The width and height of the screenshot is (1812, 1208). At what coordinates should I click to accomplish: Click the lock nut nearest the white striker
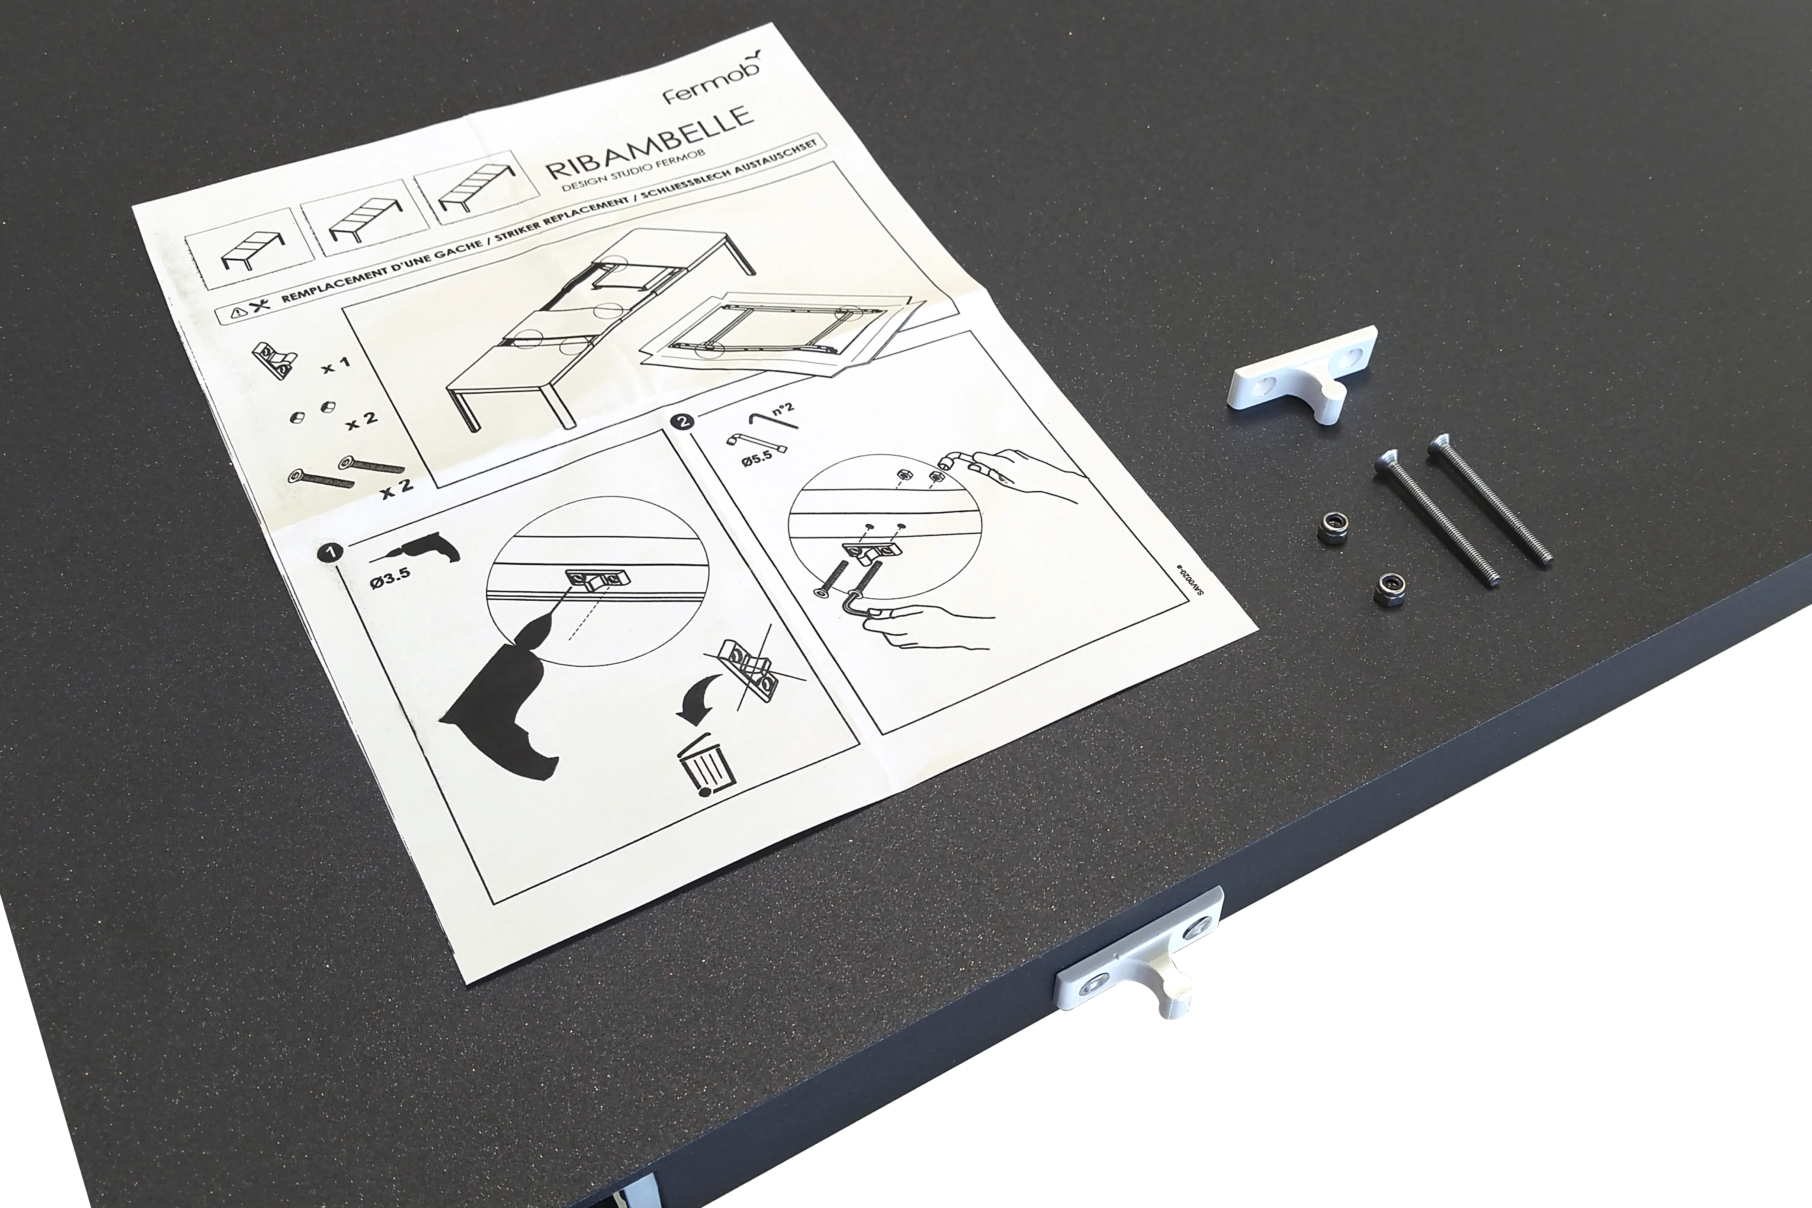[x=1331, y=528]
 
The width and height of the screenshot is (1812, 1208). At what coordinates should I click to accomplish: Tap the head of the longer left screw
[x=1387, y=462]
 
